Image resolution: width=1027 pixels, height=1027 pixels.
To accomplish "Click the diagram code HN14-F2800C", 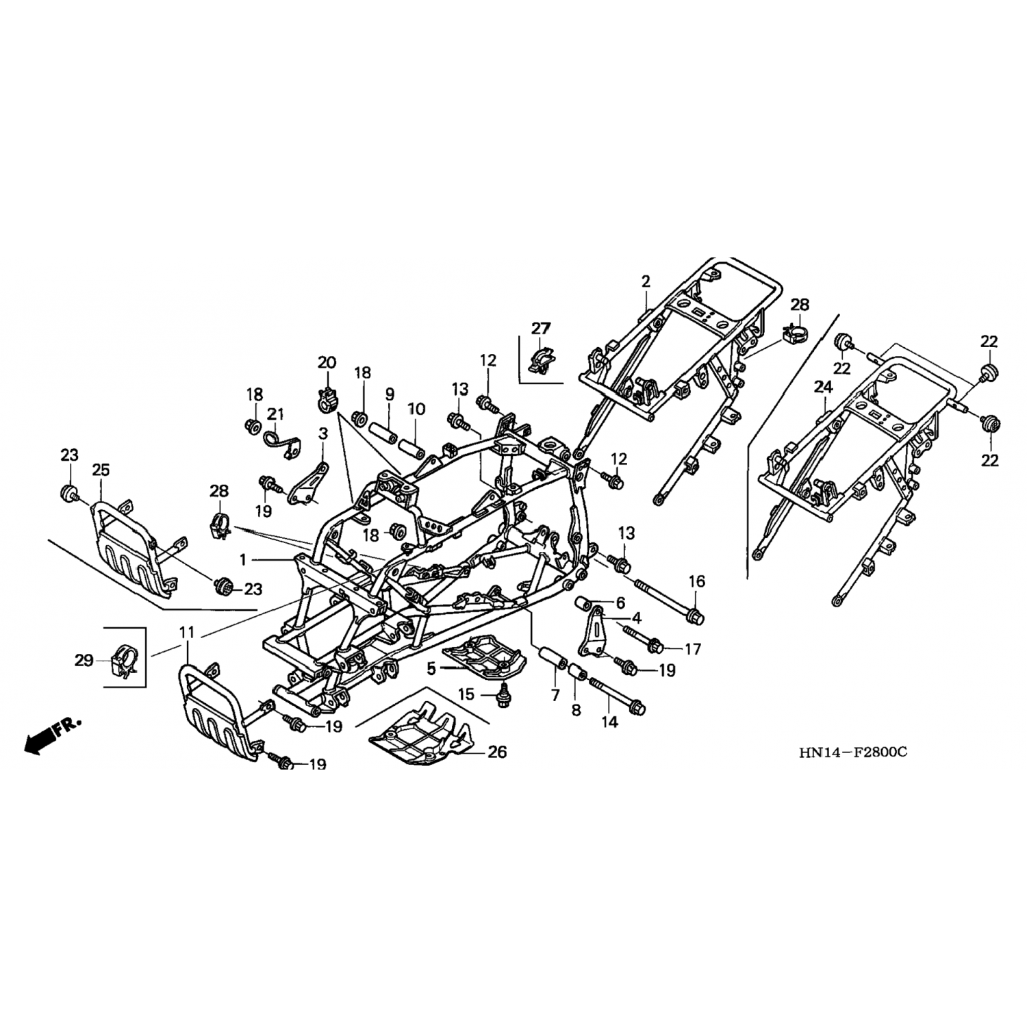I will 852,752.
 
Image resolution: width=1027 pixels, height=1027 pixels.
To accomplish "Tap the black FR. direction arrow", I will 42,739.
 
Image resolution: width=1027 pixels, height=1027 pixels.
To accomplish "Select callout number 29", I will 84,661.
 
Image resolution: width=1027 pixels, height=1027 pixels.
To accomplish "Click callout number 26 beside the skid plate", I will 497,752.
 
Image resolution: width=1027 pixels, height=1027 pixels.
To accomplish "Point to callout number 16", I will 696,582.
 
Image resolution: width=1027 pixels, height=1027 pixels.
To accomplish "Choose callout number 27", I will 541,329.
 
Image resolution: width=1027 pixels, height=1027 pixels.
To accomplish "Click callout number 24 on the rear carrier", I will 823,388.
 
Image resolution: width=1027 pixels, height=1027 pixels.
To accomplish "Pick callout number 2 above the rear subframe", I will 646,281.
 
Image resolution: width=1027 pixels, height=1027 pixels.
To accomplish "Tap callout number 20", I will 327,362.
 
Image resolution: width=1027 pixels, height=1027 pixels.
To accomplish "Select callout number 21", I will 275,414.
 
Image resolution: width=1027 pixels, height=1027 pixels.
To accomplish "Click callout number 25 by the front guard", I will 101,470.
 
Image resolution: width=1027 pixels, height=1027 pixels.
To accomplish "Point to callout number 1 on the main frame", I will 242,560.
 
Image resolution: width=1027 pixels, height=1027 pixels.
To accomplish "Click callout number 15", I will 466,694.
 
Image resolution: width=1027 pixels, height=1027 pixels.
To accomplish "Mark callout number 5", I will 431,668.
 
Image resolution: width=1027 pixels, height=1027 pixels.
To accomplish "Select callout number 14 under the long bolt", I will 609,722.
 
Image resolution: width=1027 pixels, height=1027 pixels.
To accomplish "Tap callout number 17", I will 693,648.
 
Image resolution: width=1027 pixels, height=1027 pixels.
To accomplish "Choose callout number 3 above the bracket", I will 323,433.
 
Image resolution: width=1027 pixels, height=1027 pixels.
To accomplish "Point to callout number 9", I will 390,394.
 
